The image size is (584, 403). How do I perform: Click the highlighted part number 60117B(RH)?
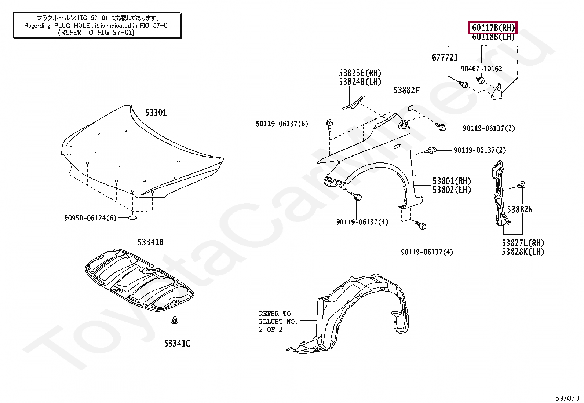pos(493,28)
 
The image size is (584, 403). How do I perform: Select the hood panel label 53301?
pos(156,113)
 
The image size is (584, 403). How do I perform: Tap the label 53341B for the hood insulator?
pos(150,242)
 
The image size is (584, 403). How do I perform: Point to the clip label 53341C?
pos(177,344)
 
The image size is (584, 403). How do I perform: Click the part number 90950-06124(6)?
pos(90,218)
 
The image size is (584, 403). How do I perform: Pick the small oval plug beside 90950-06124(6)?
pos(132,218)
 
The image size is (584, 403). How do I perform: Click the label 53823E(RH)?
pos(360,73)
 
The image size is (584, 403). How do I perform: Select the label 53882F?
pos(406,91)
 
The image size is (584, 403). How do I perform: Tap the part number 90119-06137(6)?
pos(282,124)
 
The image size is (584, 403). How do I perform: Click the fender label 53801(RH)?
pos(452,181)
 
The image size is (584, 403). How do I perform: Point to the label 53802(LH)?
pos(452,190)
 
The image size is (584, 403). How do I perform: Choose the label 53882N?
pos(519,209)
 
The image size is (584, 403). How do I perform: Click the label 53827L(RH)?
pos(523,243)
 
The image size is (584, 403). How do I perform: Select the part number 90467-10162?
pos(481,69)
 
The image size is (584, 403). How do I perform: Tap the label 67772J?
pos(445,58)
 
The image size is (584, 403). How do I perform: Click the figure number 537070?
pos(567,398)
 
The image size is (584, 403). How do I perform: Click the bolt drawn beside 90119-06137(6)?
pos(330,124)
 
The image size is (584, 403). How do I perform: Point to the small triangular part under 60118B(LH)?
pos(497,92)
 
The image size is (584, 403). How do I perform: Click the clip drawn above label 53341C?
pos(175,321)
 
